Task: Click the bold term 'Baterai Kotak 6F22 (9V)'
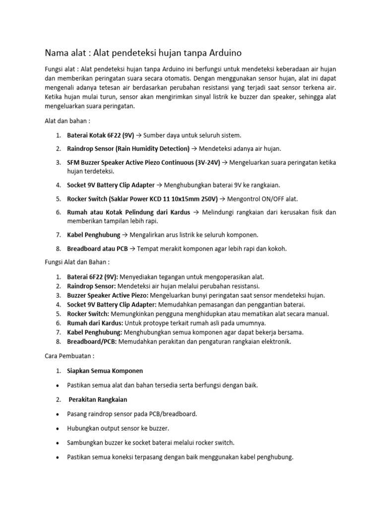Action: pyautogui.click(x=101, y=135)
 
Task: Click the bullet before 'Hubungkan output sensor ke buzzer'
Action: pyautogui.click(x=59, y=428)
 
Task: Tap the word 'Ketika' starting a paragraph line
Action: pyautogui.click(x=55, y=97)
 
